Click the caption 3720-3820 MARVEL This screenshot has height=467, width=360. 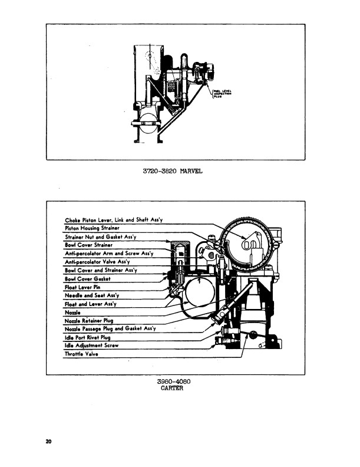173,172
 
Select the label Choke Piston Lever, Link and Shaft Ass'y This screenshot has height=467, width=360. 113,219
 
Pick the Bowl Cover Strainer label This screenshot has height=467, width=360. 88,245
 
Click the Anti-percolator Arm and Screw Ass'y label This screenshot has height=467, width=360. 108,253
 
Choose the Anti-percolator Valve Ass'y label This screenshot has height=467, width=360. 97,261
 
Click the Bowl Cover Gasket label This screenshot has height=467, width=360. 88,278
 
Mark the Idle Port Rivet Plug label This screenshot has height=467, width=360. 87,337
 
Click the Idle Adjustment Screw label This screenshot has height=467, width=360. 91,346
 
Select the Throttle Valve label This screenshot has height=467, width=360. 81,354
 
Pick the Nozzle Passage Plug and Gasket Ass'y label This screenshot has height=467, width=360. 110,329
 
